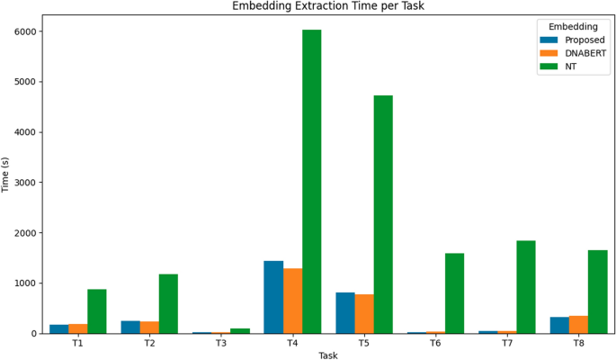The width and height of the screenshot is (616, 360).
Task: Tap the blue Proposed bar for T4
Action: tap(273, 297)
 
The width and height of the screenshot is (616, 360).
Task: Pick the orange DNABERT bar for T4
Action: tap(293, 301)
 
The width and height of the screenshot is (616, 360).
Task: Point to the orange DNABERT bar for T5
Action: tap(364, 313)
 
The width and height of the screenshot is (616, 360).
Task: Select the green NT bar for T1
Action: tap(97, 311)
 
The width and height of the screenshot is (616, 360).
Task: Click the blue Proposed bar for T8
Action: tap(559, 325)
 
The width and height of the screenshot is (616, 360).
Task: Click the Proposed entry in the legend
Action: tap(585, 40)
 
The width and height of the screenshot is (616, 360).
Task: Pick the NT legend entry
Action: tap(572, 67)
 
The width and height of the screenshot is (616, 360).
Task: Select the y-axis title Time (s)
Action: tap(7, 173)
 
